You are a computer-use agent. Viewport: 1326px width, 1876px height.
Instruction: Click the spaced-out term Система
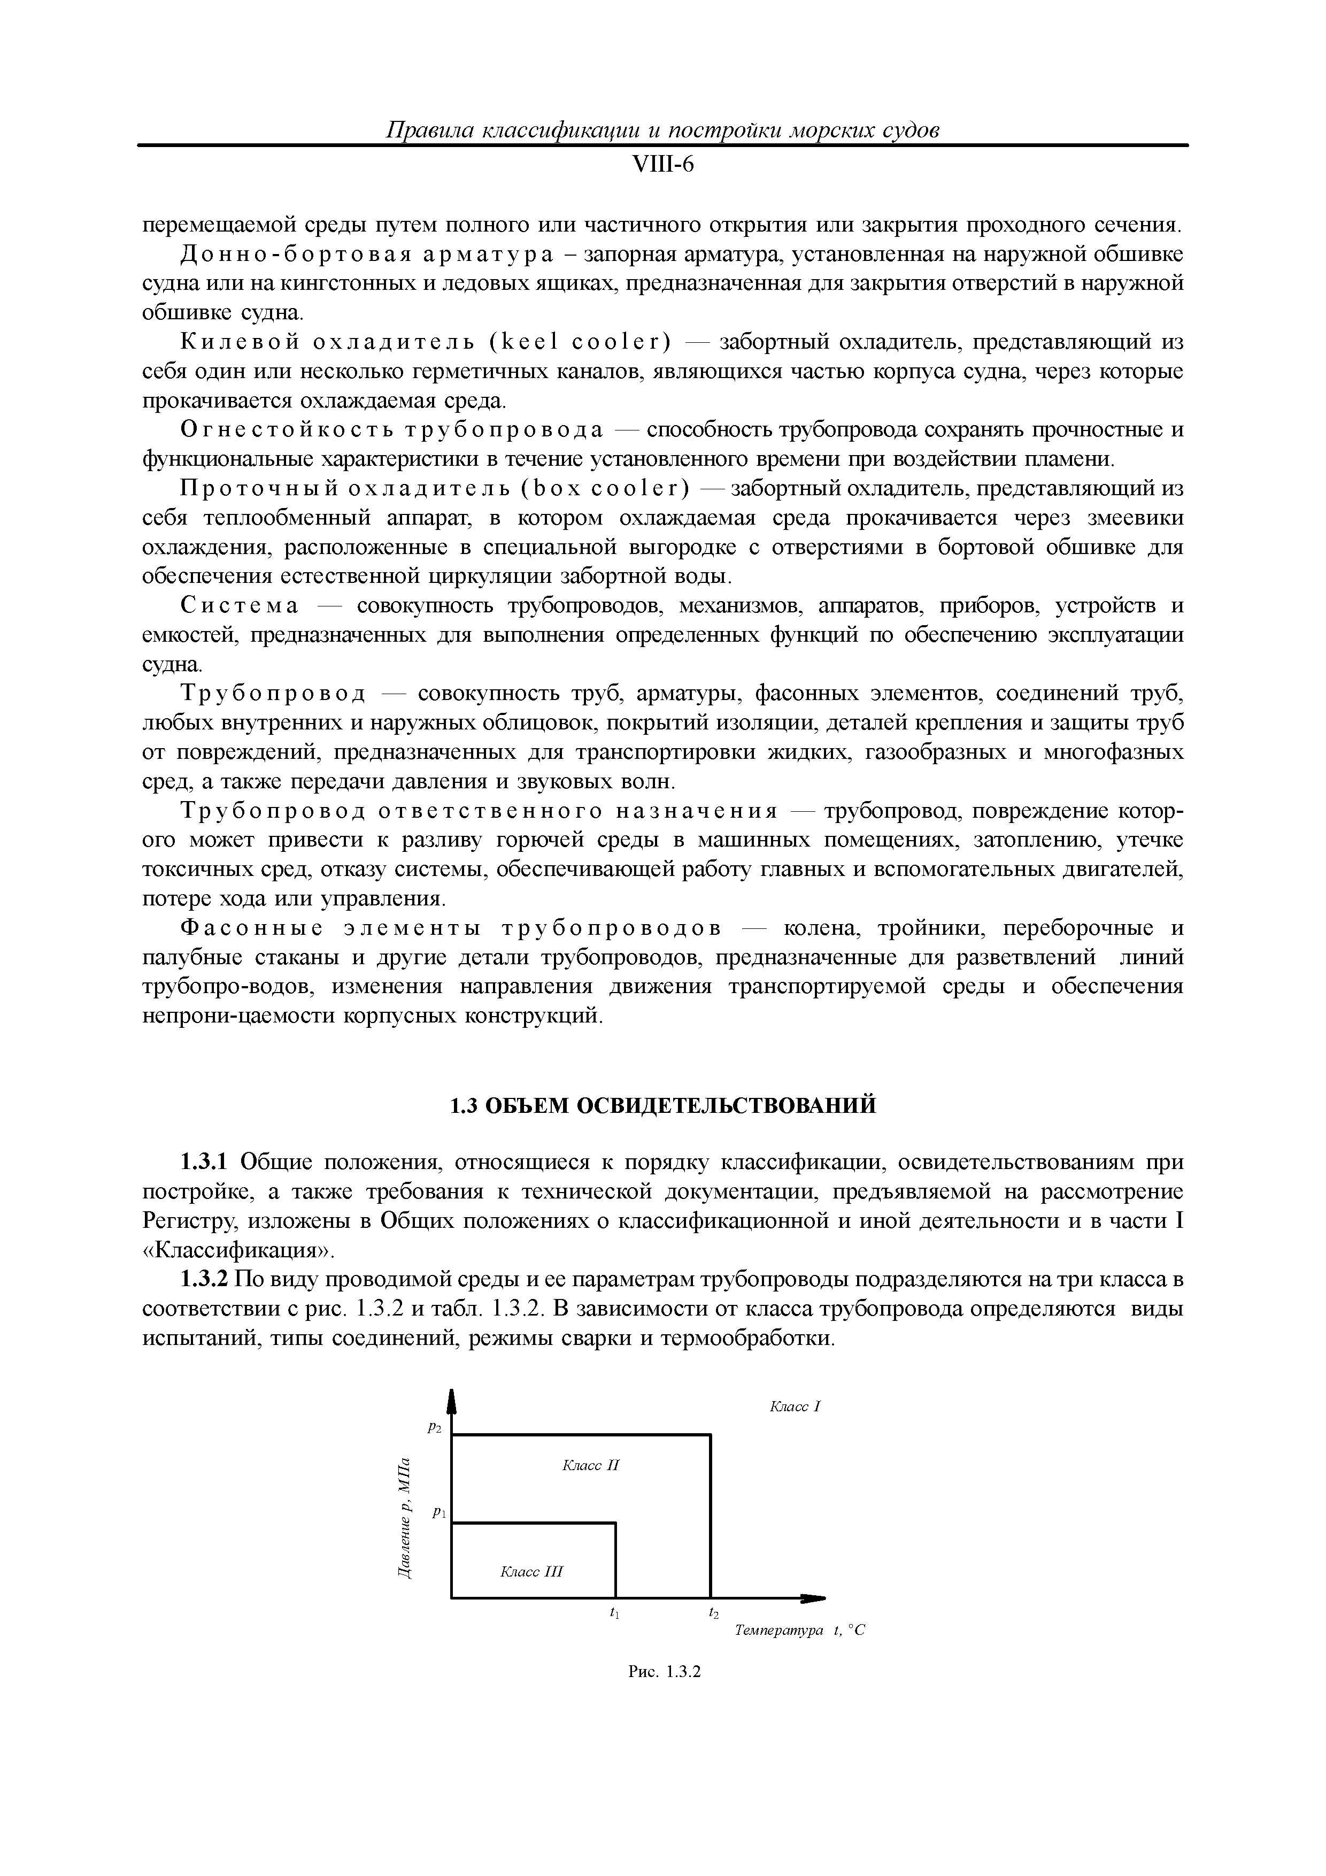[240, 606]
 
